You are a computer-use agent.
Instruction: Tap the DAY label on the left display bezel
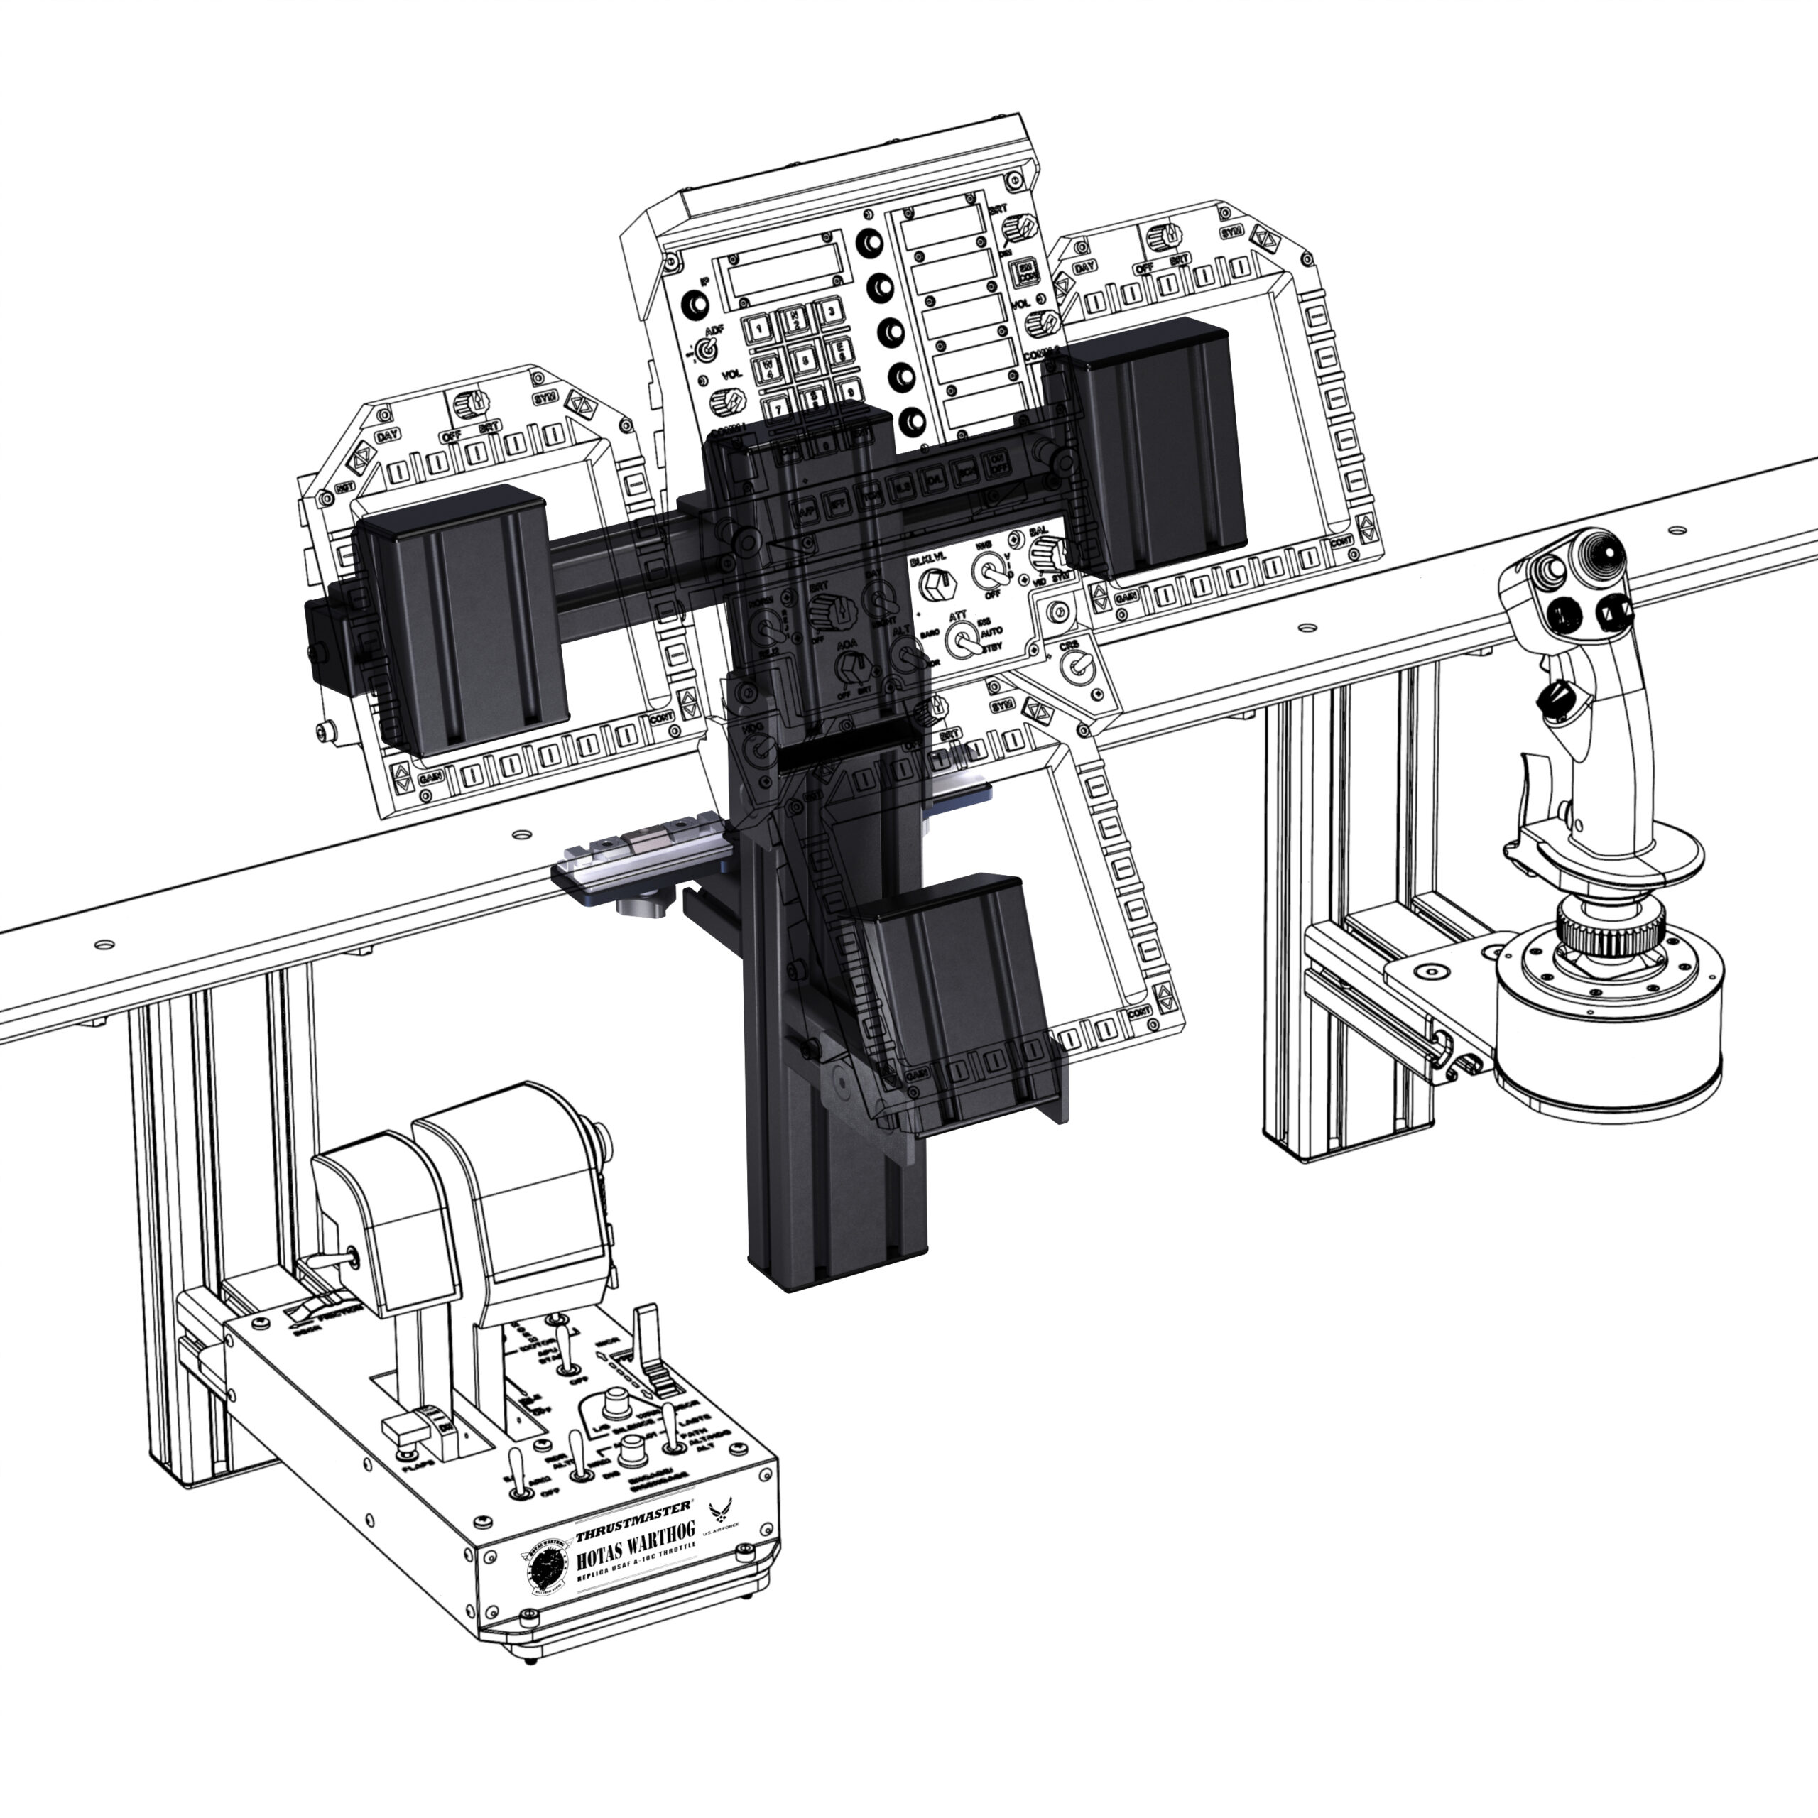(388, 437)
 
